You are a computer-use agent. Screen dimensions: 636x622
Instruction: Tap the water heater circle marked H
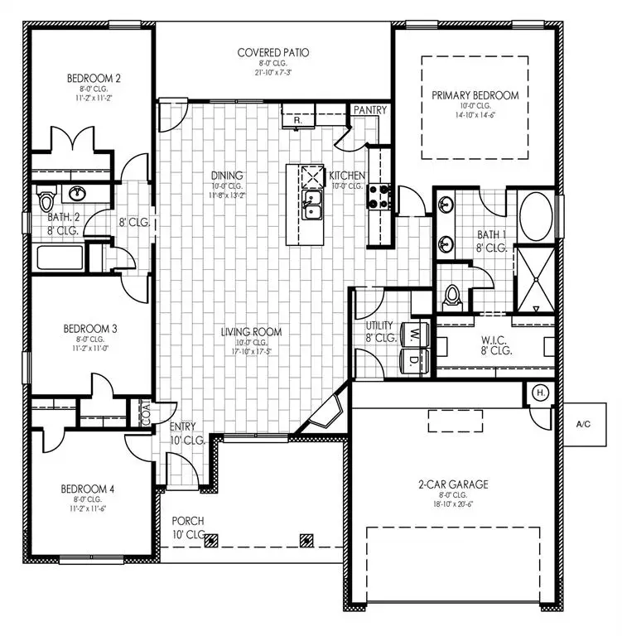point(539,393)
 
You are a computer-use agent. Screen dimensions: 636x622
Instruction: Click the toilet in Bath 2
point(46,200)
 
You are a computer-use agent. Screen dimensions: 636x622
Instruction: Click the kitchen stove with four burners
point(378,195)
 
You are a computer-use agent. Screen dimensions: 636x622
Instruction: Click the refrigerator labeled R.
point(296,120)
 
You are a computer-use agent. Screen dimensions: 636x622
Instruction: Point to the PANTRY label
point(369,110)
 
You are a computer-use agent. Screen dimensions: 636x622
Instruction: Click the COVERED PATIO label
point(273,53)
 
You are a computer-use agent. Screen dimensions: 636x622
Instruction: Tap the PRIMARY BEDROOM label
point(475,95)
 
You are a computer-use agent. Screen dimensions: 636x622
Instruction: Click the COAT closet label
point(146,414)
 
